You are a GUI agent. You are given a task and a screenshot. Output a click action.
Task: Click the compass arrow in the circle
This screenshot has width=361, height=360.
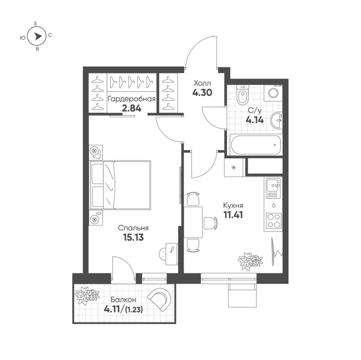pyautogui.click(x=37, y=37)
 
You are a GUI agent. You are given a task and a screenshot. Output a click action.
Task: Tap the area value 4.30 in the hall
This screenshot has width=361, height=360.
pyautogui.click(x=202, y=93)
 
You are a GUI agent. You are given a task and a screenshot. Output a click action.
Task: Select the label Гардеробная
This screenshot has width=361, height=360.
pyautogui.click(x=131, y=99)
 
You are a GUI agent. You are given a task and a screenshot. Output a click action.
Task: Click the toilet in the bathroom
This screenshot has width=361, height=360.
pyautogui.click(x=243, y=95)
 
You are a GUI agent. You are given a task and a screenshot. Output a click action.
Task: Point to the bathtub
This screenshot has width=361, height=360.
pyautogui.click(x=255, y=145)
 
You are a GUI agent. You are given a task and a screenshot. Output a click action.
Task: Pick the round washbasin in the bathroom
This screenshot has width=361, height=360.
pyautogui.click(x=277, y=120)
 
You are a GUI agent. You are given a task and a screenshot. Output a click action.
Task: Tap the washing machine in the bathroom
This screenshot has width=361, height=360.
pyautogui.click(x=273, y=93)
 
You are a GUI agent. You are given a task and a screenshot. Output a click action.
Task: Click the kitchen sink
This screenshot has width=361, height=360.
pyautogui.click(x=273, y=188)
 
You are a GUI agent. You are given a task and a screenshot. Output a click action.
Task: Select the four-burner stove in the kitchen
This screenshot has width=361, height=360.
pyautogui.click(x=273, y=221)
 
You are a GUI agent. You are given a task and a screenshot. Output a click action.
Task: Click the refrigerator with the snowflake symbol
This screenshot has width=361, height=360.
pyautogui.click(x=234, y=167)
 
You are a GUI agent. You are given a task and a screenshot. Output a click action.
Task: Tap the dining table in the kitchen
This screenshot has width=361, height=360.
pyautogui.click(x=193, y=222)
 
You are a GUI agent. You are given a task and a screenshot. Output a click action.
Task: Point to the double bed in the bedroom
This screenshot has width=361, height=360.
pyautogui.click(x=121, y=185)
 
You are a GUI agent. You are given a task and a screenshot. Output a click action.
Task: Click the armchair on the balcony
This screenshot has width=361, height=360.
pyautogui.click(x=159, y=299)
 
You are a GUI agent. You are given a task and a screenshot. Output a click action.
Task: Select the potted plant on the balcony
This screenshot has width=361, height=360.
pyautogui.click(x=87, y=295)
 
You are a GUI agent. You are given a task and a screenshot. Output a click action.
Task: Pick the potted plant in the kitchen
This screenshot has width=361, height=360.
pyautogui.click(x=250, y=261)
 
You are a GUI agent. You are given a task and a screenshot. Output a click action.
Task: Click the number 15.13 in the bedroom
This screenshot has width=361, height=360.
pyautogui.click(x=133, y=238)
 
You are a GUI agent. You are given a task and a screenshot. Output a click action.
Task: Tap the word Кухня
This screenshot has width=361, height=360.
pyautogui.click(x=233, y=205)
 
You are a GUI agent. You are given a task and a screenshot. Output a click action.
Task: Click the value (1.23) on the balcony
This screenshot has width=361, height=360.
pyautogui.click(x=134, y=310)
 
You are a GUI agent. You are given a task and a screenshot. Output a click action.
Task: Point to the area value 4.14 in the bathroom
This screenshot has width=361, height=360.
pyautogui.click(x=254, y=120)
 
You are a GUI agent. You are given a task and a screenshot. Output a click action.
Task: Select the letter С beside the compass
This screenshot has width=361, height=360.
pyautogui.click(x=50, y=35)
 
